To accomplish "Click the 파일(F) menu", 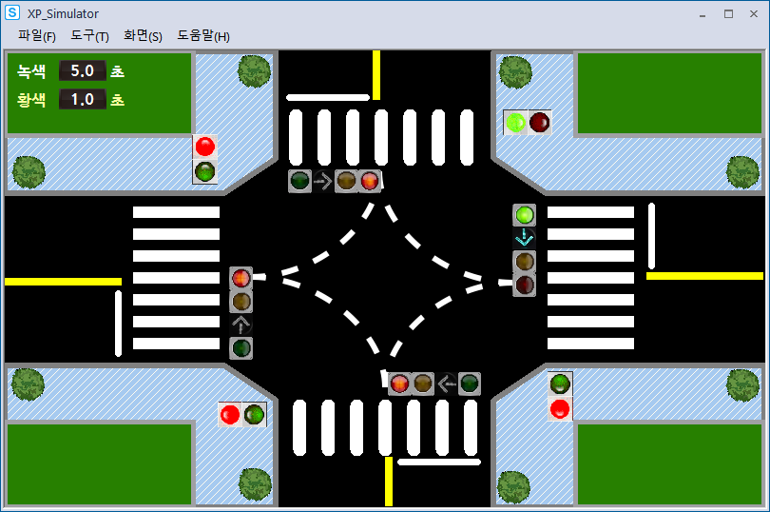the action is click(x=37, y=36).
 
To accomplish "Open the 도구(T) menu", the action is click(x=89, y=36).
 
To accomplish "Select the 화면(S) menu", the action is click(x=143, y=36).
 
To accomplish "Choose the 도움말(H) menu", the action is click(x=203, y=36).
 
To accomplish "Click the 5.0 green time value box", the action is click(x=82, y=70).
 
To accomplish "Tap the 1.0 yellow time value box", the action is click(x=82, y=99).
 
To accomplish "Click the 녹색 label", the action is click(x=31, y=70).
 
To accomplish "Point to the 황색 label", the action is click(x=31, y=99).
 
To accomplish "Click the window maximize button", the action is click(x=728, y=13).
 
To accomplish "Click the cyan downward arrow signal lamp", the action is click(x=525, y=238).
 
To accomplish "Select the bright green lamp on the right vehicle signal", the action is click(x=525, y=215).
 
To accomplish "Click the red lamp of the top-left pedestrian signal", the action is click(x=204, y=147).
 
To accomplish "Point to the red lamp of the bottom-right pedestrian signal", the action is click(x=560, y=408).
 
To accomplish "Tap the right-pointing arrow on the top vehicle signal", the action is click(x=322, y=181).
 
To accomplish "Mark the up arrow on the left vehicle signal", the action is click(x=241, y=325).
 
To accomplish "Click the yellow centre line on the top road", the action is click(x=376, y=74).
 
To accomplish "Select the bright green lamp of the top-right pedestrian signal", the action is click(x=516, y=122).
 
